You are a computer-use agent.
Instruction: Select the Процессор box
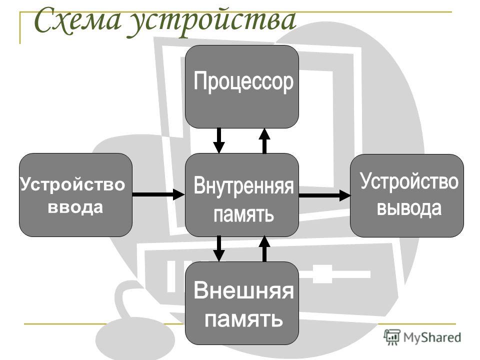[x=242, y=86]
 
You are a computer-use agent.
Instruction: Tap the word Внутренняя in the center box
[x=243, y=185]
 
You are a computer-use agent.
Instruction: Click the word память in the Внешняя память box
[x=243, y=319]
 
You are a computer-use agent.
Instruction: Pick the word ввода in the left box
[x=75, y=207]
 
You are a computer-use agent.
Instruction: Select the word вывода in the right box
[x=409, y=208]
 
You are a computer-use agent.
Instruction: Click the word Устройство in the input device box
[x=72, y=184]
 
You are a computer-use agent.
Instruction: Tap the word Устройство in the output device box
[x=409, y=181]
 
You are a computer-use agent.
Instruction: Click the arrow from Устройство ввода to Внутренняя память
[x=158, y=194]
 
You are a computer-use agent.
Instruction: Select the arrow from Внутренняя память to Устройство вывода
[x=325, y=195]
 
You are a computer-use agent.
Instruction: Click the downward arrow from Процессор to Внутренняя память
[x=219, y=140]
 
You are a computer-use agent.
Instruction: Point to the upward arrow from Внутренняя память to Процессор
[x=265, y=140]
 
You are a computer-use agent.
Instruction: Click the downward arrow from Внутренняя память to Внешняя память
[x=219, y=248]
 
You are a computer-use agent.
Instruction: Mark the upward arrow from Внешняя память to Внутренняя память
[x=265, y=248]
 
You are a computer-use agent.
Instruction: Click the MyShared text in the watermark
[x=432, y=337]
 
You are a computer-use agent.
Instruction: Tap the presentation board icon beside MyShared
[x=392, y=337]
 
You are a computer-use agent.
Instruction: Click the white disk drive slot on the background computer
[x=336, y=273]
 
